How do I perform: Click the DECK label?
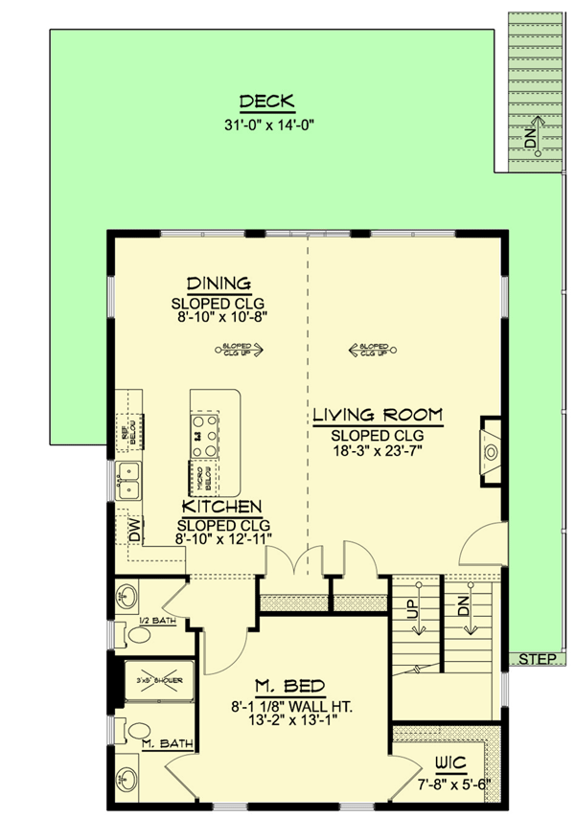pos(266,102)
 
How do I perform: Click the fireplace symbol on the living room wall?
pos(491,451)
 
